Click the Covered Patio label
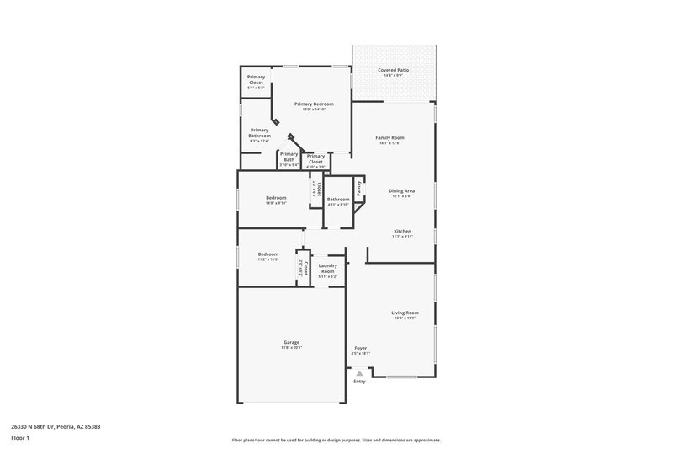[394, 69]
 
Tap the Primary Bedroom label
[309, 104]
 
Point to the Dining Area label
[401, 190]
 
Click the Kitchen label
[402, 231]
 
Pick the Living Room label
[406, 313]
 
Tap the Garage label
[291, 342]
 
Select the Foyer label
[360, 348]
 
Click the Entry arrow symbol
[359, 373]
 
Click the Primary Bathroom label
[259, 132]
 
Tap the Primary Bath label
[289, 157]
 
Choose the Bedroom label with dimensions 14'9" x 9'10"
[277, 198]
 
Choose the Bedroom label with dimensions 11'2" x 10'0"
[268, 254]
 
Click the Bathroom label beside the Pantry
[338, 200]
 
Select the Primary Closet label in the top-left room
[256, 79]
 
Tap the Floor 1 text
[19, 438]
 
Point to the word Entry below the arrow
[359, 382]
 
